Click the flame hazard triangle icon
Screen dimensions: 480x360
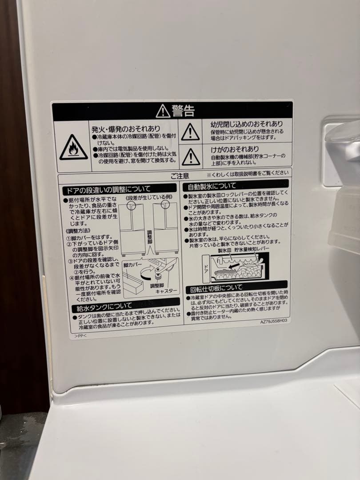click(73, 148)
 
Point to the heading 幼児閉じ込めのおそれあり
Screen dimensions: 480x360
click(246, 124)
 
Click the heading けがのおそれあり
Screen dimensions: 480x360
click(235, 149)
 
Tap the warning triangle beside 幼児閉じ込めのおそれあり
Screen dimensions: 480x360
click(190, 132)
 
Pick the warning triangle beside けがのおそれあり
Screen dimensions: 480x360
click(191, 156)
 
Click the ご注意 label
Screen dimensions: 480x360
click(180, 176)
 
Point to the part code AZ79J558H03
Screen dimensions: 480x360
click(274, 320)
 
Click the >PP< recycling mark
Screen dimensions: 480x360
click(80, 336)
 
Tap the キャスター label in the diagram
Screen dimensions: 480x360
click(166, 290)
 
